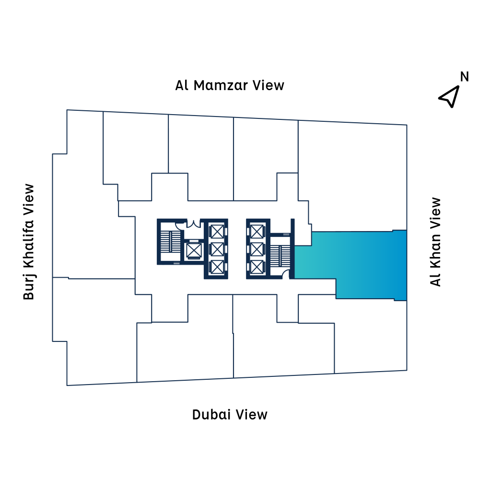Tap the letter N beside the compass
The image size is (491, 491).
coord(464,77)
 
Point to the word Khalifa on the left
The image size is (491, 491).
coord(29,242)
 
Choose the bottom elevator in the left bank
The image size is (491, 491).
coord(217,267)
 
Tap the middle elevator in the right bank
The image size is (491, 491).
coord(257,249)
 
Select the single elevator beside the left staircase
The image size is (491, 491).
coord(194,250)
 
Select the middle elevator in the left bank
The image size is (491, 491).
coord(217,249)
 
